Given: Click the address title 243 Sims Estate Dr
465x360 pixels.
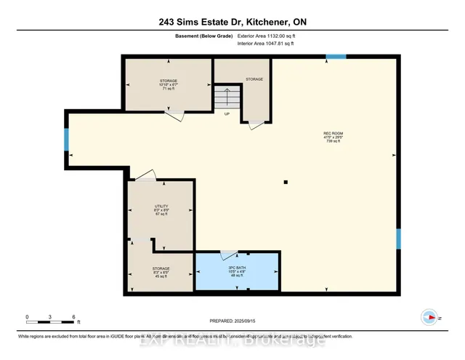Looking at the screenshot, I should [x=232, y=22].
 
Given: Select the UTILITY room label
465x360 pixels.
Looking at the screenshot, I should [x=161, y=206].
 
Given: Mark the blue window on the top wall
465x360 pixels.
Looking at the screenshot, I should [x=335, y=57].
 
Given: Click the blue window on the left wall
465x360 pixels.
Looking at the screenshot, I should [x=67, y=139].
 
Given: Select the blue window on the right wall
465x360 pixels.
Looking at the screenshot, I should [x=397, y=239].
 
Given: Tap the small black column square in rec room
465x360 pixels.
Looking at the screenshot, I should [x=286, y=182].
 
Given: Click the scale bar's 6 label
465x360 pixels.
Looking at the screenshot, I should [x=73, y=317].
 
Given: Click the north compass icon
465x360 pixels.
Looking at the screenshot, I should [x=429, y=316].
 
